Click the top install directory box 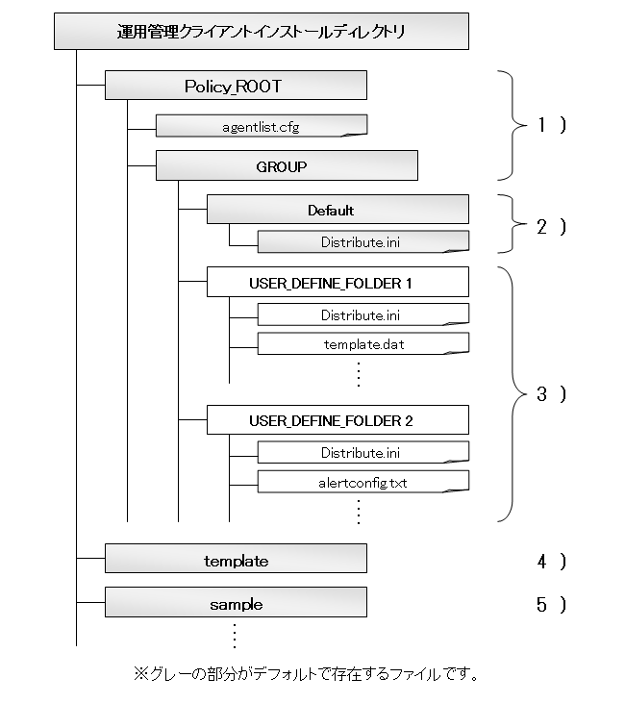pyautogui.click(x=262, y=32)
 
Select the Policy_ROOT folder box pyautogui.click(x=236, y=86)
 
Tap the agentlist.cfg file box pyautogui.click(x=262, y=126)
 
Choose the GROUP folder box pyautogui.click(x=287, y=165)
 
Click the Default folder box pyautogui.click(x=337, y=210)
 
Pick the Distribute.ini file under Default pyautogui.click(x=363, y=242)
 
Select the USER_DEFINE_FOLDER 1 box pyautogui.click(x=337, y=282)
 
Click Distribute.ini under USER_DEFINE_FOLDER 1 pyautogui.click(x=363, y=314)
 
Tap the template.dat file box pyautogui.click(x=363, y=344)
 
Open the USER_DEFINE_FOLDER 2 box pyautogui.click(x=337, y=420)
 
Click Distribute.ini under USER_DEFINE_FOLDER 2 pyautogui.click(x=363, y=452)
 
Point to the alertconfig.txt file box pyautogui.click(x=363, y=482)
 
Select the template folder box pyautogui.click(x=236, y=559)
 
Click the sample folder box pyautogui.click(x=236, y=602)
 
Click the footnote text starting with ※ pyautogui.click(x=306, y=674)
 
